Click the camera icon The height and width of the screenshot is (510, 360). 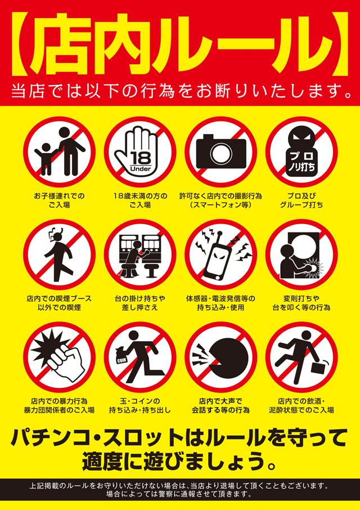[x=221, y=151]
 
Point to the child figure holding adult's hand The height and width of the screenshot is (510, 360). [x=45, y=159]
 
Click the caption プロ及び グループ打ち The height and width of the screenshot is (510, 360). [x=301, y=200]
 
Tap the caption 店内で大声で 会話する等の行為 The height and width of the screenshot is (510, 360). [x=220, y=406]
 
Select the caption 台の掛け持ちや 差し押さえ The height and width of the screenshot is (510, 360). [x=139, y=303]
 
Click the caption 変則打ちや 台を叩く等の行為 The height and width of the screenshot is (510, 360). [x=301, y=303]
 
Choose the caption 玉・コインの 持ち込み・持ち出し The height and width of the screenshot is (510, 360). [x=139, y=406]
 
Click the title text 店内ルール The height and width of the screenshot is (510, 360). [x=180, y=44]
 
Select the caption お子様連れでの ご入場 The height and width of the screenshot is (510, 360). [x=59, y=200]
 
